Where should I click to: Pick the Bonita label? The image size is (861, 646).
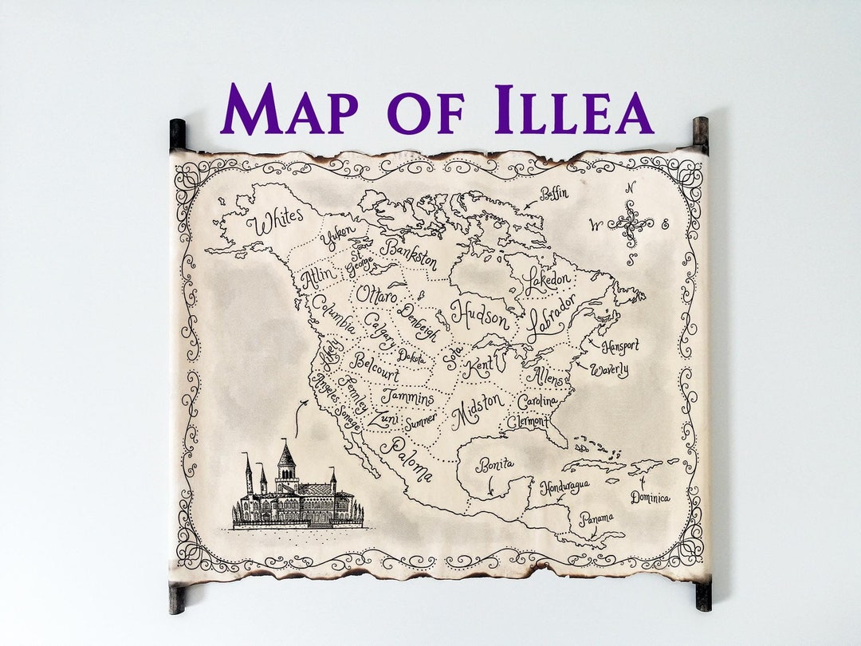495,465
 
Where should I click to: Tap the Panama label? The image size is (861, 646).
596,519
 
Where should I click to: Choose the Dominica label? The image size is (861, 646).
650,498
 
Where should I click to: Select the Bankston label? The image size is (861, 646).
409,254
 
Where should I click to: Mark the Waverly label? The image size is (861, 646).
609,370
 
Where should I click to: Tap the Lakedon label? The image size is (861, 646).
548,281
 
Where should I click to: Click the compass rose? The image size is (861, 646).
631,223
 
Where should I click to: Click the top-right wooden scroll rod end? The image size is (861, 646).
700,132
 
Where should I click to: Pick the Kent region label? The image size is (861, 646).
484,368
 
